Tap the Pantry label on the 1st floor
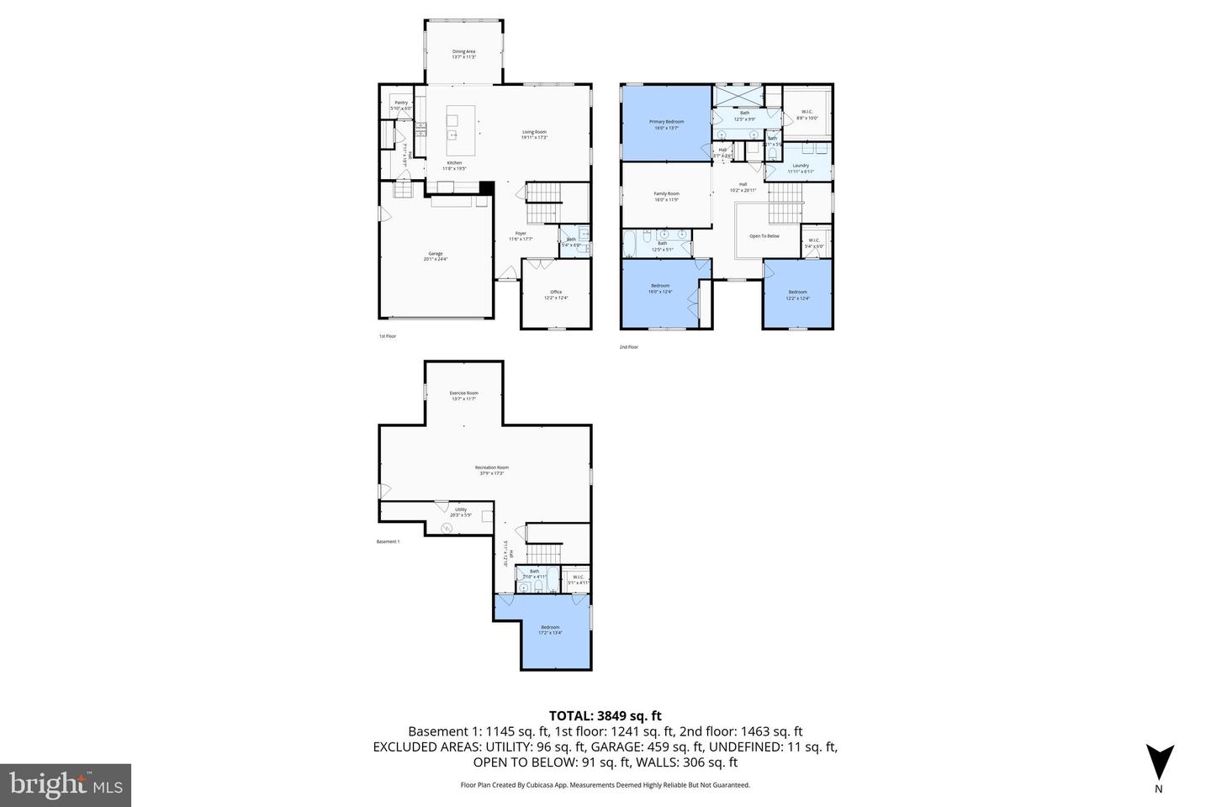[401, 103]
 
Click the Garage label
[435, 255]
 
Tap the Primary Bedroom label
[666, 123]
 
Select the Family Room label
[666, 195]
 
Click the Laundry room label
[801, 166]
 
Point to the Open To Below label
[764, 236]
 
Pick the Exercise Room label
[463, 394]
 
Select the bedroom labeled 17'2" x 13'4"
[550, 629]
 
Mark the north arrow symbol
[1159, 763]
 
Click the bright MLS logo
[65, 785]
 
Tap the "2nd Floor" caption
[629, 346]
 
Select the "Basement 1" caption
[388, 541]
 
